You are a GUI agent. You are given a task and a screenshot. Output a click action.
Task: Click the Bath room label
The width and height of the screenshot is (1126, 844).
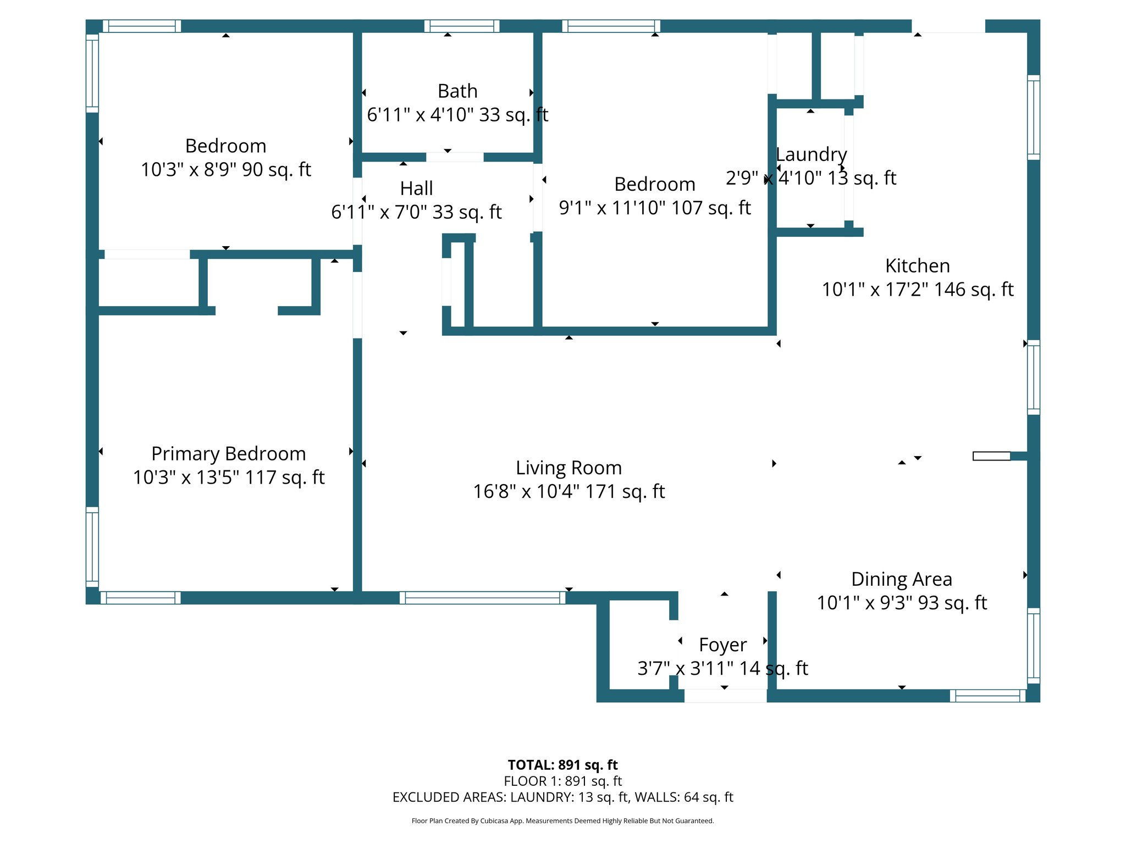click(457, 91)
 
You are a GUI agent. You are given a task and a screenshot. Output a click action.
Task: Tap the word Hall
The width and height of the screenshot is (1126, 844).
click(416, 188)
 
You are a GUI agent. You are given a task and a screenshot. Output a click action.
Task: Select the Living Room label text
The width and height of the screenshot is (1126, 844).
click(568, 468)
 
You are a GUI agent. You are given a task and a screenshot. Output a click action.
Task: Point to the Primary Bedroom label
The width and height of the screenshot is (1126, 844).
click(228, 454)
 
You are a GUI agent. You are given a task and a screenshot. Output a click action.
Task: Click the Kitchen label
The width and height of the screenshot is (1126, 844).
click(917, 266)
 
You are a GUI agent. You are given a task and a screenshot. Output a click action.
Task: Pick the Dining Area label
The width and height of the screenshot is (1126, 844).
click(901, 579)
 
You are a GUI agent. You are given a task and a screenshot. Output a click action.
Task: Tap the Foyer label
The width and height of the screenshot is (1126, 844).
click(722, 645)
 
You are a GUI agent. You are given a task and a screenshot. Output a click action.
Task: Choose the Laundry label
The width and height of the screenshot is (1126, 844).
click(811, 154)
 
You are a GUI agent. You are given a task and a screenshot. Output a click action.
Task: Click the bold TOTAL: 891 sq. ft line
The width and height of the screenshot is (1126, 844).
click(562, 765)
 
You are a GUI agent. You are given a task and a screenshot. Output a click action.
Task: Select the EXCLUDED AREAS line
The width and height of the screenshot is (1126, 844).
click(562, 797)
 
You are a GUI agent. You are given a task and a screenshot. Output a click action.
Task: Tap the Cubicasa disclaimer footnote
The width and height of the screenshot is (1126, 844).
click(562, 821)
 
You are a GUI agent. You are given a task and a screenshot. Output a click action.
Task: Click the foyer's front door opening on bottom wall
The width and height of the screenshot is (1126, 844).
click(725, 696)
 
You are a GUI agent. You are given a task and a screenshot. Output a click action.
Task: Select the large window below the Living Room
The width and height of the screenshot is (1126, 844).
click(482, 598)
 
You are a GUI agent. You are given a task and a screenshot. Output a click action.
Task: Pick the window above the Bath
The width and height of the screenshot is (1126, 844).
click(462, 26)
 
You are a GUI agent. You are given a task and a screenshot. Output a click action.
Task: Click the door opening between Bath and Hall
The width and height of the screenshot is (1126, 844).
click(455, 158)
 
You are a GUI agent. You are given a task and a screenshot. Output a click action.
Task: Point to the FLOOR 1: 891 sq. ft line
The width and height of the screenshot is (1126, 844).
click(562, 781)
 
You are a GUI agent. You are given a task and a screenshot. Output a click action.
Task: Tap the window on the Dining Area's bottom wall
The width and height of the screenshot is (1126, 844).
click(987, 696)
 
